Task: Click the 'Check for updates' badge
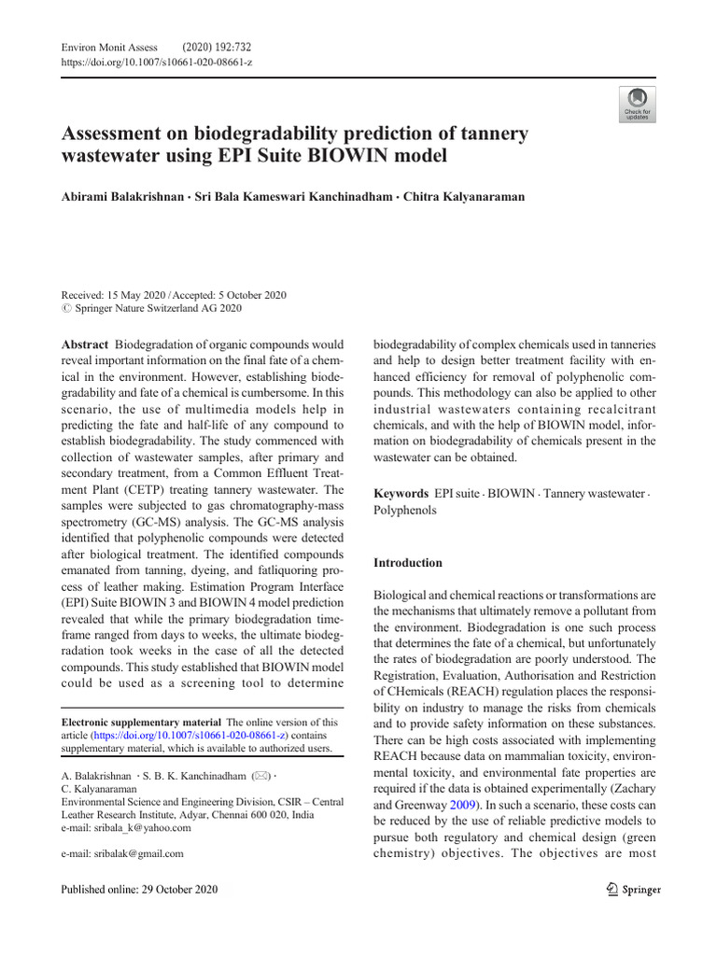pyautogui.click(x=638, y=104)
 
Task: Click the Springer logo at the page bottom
pyautogui.click(x=633, y=889)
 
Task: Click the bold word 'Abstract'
pyautogui.click(x=84, y=344)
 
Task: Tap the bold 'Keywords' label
pyautogui.click(x=401, y=492)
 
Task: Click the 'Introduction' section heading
pyautogui.click(x=408, y=563)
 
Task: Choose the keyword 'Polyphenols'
pyautogui.click(x=404, y=511)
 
